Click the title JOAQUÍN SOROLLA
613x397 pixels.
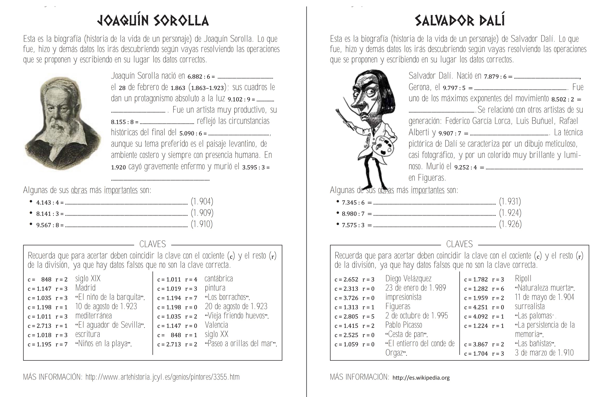pos(153,21)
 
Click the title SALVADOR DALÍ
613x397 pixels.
pos(460,21)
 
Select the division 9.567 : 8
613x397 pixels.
pos(50,225)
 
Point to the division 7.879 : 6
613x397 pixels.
pos(498,77)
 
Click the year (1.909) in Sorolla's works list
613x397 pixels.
pos(202,213)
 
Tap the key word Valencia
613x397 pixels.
pos(216,325)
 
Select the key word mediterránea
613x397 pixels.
pos(93,315)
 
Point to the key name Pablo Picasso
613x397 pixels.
pos(404,325)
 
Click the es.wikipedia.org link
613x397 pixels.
pos(421,378)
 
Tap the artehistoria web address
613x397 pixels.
pos(162,377)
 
